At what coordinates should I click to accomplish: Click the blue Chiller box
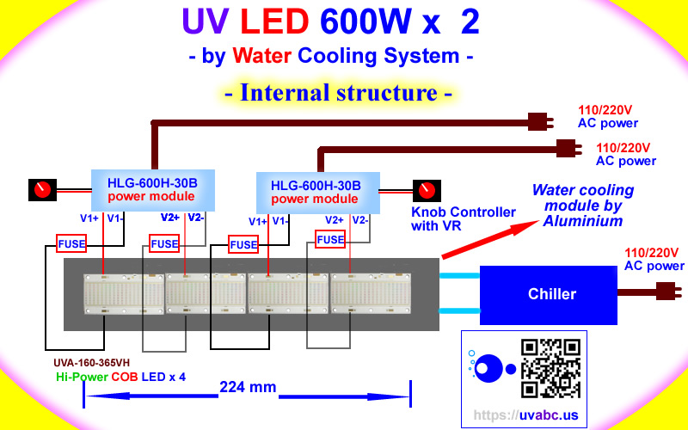click(x=551, y=294)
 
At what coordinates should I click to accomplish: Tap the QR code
click(x=550, y=368)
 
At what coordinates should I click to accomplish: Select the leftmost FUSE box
click(x=71, y=244)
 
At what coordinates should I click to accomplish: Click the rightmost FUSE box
click(x=330, y=240)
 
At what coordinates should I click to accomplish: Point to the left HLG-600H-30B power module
click(x=152, y=190)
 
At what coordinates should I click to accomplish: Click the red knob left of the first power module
click(x=40, y=189)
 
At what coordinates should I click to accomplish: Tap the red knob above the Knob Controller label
click(x=425, y=190)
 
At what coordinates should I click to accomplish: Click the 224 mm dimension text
click(x=247, y=387)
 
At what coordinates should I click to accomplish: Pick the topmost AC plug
click(x=538, y=121)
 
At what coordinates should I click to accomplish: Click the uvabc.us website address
click(x=525, y=415)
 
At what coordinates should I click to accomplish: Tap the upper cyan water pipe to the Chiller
click(x=459, y=276)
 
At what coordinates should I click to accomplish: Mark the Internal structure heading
click(x=338, y=93)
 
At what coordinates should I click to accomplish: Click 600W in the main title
click(x=365, y=22)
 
